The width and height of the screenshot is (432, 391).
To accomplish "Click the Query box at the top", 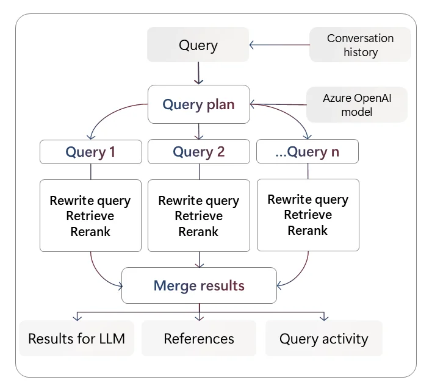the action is pyautogui.click(x=198, y=45).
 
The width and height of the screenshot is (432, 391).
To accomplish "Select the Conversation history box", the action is pyautogui.click(x=360, y=45).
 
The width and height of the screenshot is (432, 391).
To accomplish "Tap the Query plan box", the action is pyautogui.click(x=199, y=104).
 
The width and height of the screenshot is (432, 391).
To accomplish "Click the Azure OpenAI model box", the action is pyautogui.click(x=357, y=105).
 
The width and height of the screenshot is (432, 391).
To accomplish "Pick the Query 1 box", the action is pyautogui.click(x=91, y=152).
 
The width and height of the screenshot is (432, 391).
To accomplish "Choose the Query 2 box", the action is pyautogui.click(x=199, y=151).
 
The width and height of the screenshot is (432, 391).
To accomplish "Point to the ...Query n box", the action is pyautogui.click(x=307, y=151).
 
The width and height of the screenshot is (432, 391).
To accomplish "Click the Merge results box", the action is pyautogui.click(x=199, y=285).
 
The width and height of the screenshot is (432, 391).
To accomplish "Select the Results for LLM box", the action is pyautogui.click(x=77, y=339).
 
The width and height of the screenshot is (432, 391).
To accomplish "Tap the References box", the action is pyautogui.click(x=199, y=339).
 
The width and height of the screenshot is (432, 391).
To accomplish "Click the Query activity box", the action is pyautogui.click(x=324, y=339).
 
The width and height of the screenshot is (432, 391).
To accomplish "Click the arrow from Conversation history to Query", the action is pyautogui.click(x=279, y=45).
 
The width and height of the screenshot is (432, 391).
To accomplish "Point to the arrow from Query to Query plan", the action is pyautogui.click(x=198, y=73).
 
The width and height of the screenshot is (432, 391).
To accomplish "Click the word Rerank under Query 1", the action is pyautogui.click(x=90, y=232).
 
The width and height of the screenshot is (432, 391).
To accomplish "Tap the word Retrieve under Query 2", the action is pyautogui.click(x=199, y=216).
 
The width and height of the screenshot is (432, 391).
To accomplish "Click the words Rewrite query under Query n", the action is pyautogui.click(x=308, y=199).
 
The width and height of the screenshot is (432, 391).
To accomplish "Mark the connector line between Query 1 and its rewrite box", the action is pyautogui.click(x=91, y=172).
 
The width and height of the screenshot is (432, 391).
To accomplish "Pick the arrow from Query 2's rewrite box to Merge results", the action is pyautogui.click(x=199, y=259).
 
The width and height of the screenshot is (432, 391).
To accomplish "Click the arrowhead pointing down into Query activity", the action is pyautogui.click(x=324, y=318).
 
